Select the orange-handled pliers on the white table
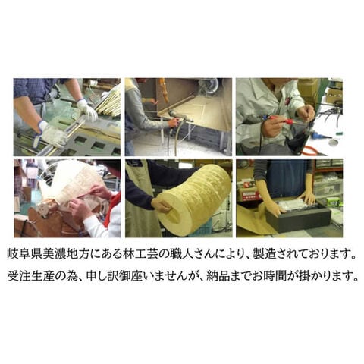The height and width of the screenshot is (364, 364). coord(313,151)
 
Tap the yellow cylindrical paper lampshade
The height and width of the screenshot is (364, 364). coord(193,199)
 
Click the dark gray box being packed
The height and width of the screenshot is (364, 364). coord(298,216)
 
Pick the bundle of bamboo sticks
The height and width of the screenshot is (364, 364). coord(108,101)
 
